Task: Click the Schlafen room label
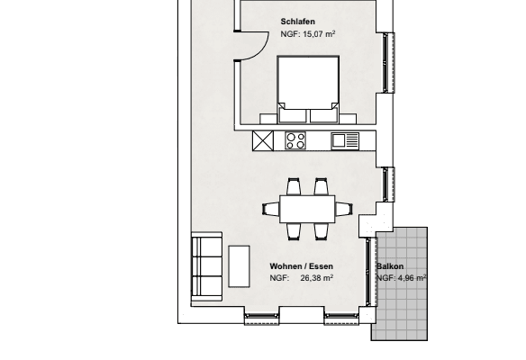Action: pyautogui.click(x=297, y=22)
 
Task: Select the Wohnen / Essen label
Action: pyautogui.click(x=301, y=266)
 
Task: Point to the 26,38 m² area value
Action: pyautogui.click(x=317, y=278)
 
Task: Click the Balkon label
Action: pyautogui.click(x=390, y=266)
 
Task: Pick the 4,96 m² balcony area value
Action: pyautogui.click(x=412, y=278)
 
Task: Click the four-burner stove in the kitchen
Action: pyautogui.click(x=295, y=140)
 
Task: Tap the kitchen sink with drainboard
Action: pyautogui.click(x=345, y=140)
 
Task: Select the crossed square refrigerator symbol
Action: pyautogui.click(x=263, y=140)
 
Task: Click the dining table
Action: pyautogui.click(x=307, y=210)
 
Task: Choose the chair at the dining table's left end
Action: pyautogui.click(x=271, y=209)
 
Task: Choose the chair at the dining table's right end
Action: pyautogui.click(x=344, y=209)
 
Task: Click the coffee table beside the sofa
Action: pyautogui.click(x=240, y=266)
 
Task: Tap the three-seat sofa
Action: pyautogui.click(x=206, y=266)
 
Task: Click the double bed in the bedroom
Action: pyautogui.click(x=308, y=90)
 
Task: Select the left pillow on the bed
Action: pyautogui.click(x=293, y=116)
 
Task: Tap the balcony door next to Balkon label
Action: pyautogui.click(x=368, y=272)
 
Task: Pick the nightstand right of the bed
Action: pyautogui.click(x=348, y=119)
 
